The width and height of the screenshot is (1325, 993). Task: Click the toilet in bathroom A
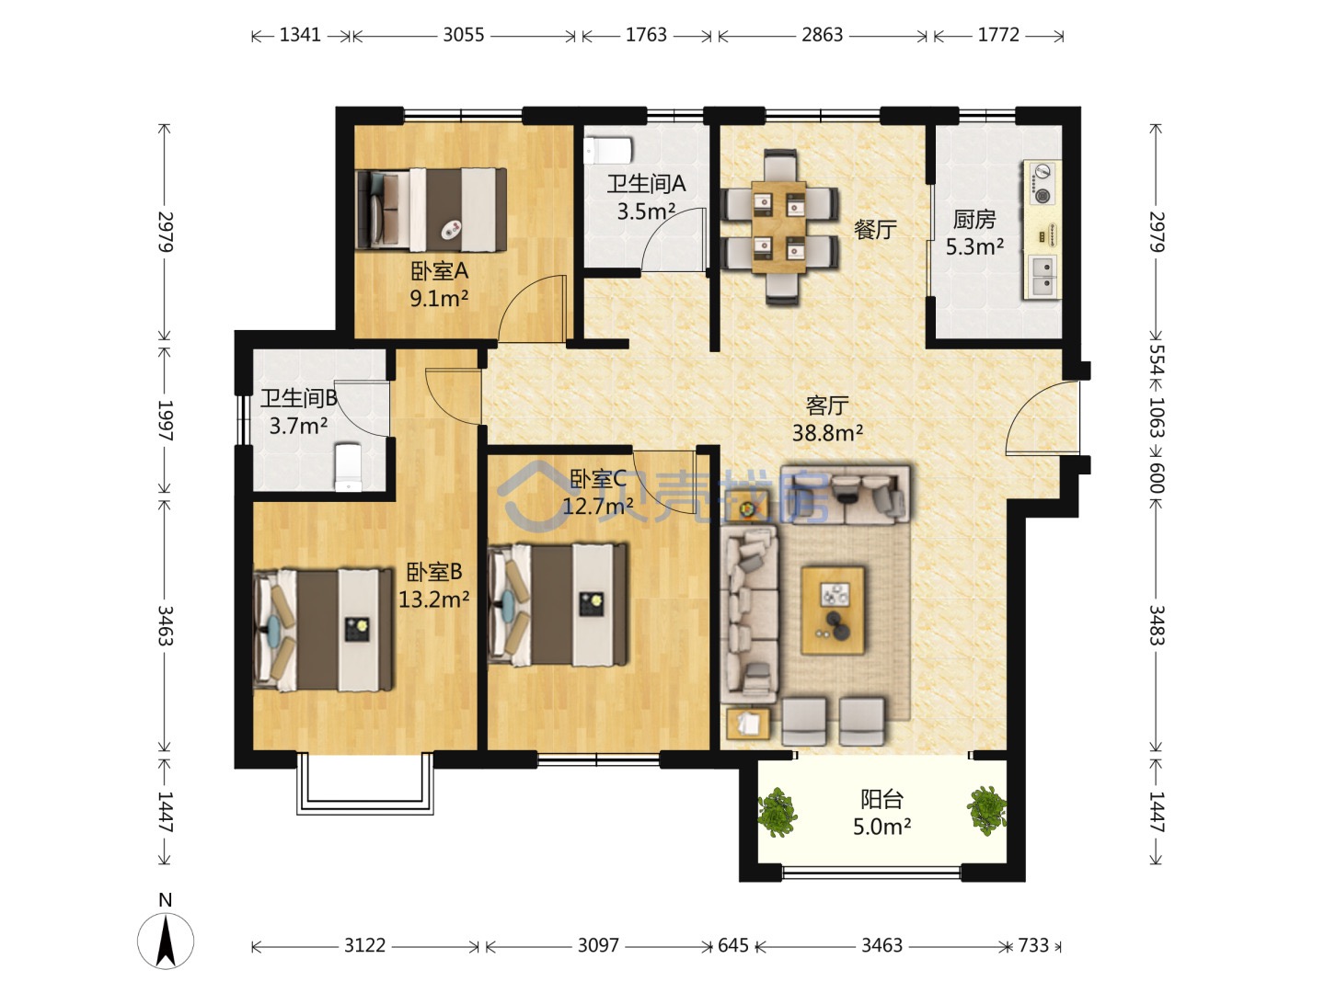point(608,151)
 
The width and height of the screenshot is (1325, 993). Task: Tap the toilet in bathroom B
point(348,467)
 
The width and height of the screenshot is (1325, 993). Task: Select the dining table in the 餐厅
point(778,227)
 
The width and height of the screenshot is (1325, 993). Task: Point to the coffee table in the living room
point(833,611)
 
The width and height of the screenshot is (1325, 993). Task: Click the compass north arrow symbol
point(166,942)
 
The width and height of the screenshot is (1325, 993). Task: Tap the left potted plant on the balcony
point(777,812)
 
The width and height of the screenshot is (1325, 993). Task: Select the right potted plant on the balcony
point(986,810)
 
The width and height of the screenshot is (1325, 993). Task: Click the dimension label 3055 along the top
point(464,35)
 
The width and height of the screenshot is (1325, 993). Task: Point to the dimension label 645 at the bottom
point(732,945)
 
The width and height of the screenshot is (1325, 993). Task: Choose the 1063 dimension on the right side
point(1156,417)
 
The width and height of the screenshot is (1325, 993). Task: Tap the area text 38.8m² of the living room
point(827,432)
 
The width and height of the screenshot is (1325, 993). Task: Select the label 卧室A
point(440,271)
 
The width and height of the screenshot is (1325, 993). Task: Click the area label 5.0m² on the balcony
point(881,827)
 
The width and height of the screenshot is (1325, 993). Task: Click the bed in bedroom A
point(431,210)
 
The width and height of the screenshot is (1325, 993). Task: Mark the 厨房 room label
point(974,220)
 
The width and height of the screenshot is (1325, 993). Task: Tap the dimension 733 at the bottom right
point(1033,945)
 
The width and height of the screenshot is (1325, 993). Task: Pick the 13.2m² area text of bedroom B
point(434,599)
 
